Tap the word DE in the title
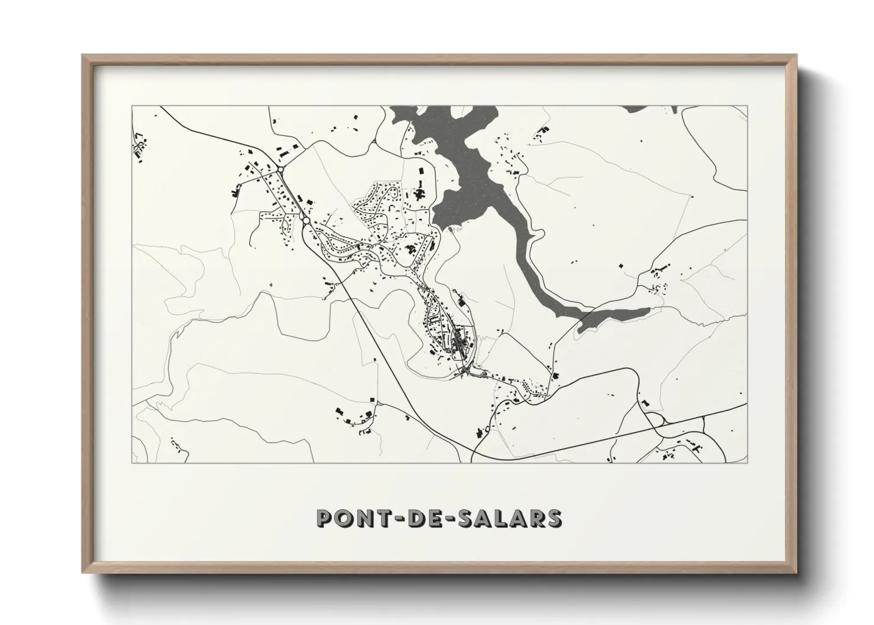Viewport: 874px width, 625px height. (x=422, y=518)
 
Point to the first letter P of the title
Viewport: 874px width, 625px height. (x=324, y=518)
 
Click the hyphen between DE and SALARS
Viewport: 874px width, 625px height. (x=449, y=519)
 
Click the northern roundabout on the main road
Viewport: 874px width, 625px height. (x=281, y=170)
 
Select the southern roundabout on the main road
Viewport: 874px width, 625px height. (x=306, y=220)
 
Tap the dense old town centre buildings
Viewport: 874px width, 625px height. (x=461, y=343)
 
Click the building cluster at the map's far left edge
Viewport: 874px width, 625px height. (x=140, y=148)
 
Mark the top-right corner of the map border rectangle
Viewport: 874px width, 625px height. (x=748, y=106)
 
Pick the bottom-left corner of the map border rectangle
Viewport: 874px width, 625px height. (x=132, y=463)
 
